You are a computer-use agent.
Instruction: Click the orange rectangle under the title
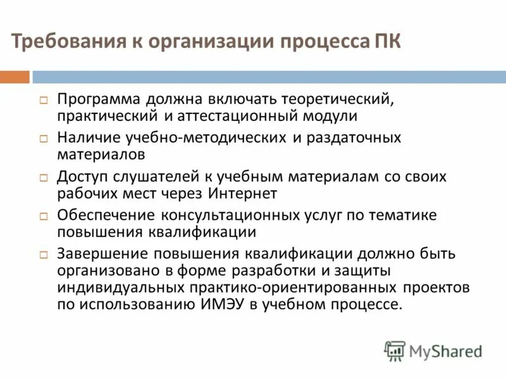coord(15,77)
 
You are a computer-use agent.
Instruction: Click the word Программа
coord(99,99)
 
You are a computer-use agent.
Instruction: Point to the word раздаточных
coord(354,137)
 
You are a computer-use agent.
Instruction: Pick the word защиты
coord(362,270)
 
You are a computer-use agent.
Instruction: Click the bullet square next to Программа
coord(44,100)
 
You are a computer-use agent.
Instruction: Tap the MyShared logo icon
coord(395,350)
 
